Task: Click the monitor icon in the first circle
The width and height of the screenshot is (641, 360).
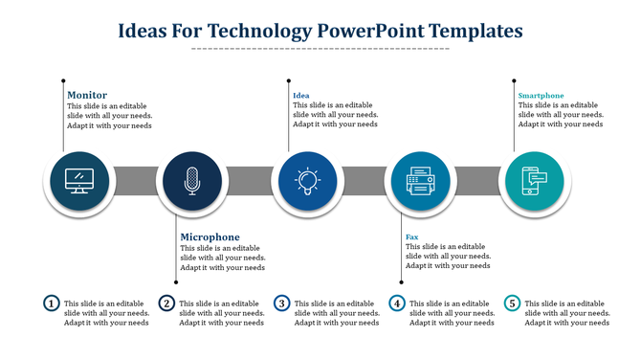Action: tap(77, 181)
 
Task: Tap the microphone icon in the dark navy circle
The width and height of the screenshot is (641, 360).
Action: tap(192, 181)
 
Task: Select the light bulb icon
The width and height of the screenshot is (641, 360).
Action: tap(307, 181)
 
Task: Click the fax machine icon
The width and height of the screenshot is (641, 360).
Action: tap(421, 181)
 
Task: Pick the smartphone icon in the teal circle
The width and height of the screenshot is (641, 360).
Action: tap(533, 181)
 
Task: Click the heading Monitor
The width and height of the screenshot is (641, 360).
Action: tap(86, 95)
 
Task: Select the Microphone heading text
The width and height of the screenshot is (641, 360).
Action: tap(210, 236)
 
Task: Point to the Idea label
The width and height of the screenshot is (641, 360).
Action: tap(300, 95)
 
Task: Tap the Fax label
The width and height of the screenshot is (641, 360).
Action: tap(411, 236)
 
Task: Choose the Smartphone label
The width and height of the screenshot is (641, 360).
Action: tap(541, 95)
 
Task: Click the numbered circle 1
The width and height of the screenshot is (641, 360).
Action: tap(52, 304)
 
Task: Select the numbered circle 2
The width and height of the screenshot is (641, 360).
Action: tap(166, 304)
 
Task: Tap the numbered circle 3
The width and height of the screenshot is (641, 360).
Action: tap(281, 304)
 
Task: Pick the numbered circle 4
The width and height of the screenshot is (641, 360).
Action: tap(397, 304)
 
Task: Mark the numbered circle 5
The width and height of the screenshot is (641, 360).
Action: tap(512, 304)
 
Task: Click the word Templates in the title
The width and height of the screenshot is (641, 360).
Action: tap(475, 31)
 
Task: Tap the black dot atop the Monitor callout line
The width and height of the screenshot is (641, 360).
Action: tap(63, 80)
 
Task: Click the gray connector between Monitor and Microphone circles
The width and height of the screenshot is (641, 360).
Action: tap(135, 181)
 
